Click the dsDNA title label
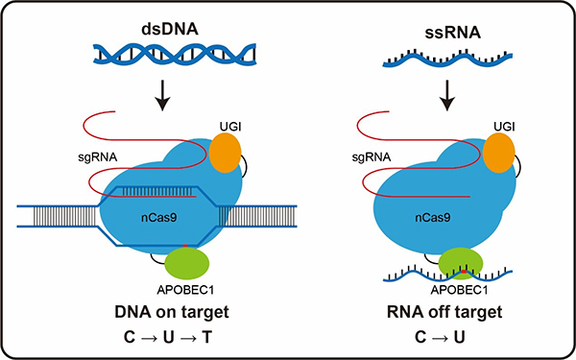(x=170, y=30)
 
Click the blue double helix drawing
(x=175, y=55)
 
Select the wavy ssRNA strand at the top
(x=447, y=59)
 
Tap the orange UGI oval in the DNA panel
(x=226, y=153)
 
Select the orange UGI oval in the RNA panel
(x=498, y=153)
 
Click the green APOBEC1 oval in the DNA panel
(x=187, y=263)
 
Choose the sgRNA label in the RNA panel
(x=371, y=158)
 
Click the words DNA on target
(x=172, y=312)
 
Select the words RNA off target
(x=444, y=312)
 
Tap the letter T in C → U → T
(x=207, y=338)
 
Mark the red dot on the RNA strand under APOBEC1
(x=464, y=272)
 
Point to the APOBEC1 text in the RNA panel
(x=460, y=290)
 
